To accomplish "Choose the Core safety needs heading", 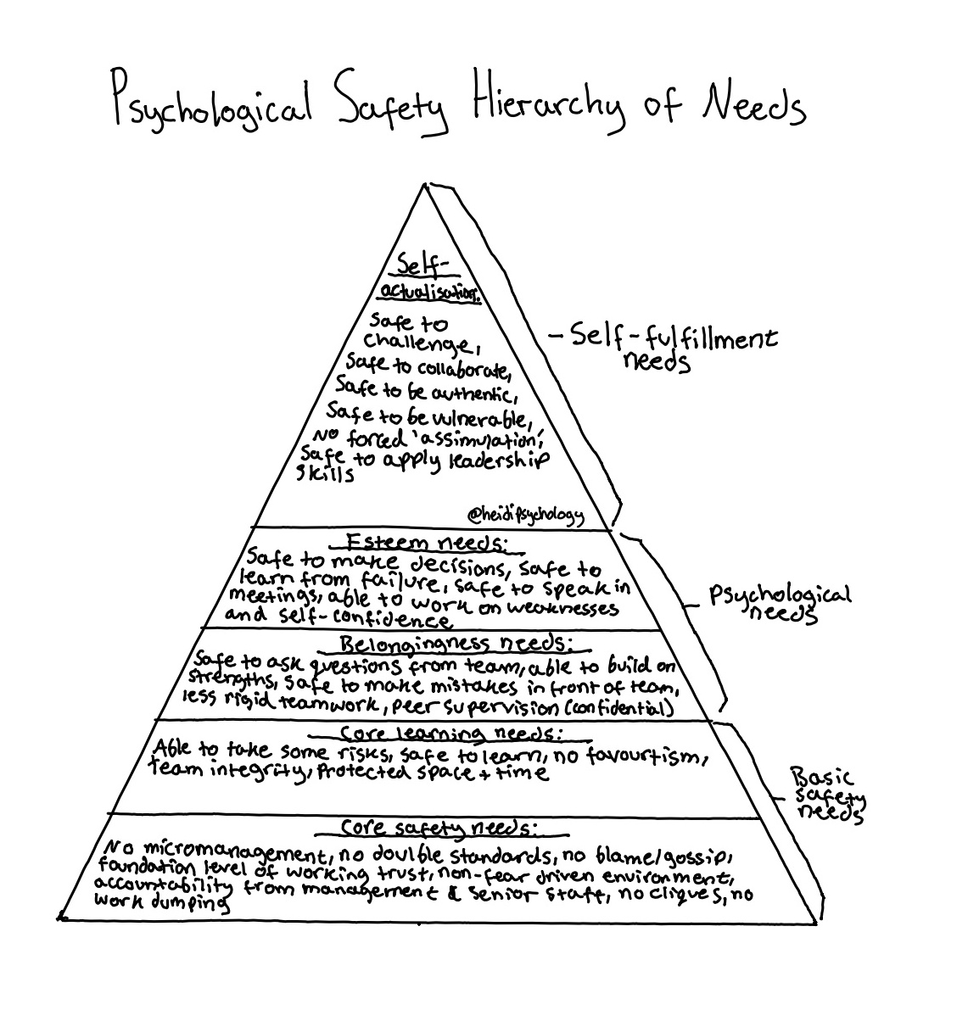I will click(x=440, y=827).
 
